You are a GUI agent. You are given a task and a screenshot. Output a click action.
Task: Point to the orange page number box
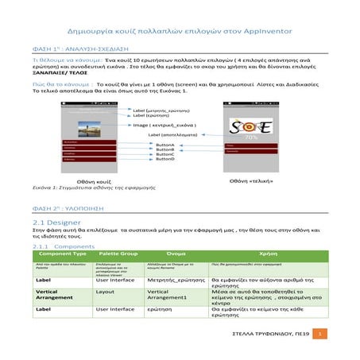(319, 335)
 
